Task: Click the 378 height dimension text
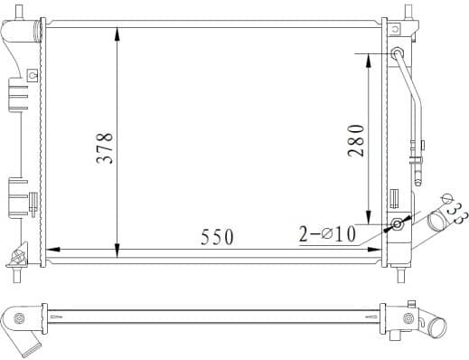pos(106,147)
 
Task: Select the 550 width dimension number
pos(217,237)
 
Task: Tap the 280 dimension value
pos(356,140)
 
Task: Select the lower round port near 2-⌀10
pos(397,223)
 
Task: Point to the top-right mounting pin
pos(408,14)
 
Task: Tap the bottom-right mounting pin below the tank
pos(400,269)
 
